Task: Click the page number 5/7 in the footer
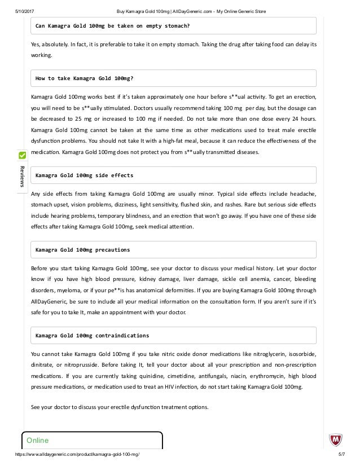point(341,454)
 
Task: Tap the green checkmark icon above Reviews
point(22,155)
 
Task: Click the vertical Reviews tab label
point(22,177)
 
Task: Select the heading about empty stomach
point(112,26)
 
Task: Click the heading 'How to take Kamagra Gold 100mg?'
point(84,78)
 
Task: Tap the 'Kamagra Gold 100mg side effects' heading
point(84,175)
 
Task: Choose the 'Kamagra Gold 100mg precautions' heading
point(82,249)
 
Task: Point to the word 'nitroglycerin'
point(260,354)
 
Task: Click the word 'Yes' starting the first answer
point(36,44)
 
